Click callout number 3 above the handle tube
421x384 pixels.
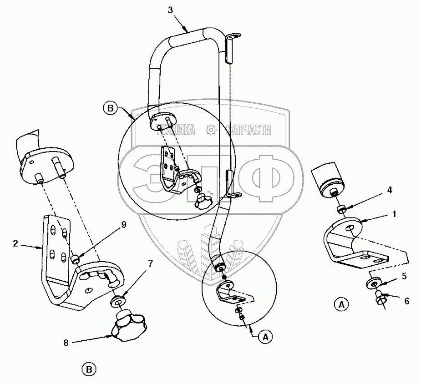[x=171, y=10]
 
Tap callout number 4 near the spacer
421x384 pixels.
[x=389, y=190]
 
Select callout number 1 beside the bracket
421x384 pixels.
[x=394, y=214]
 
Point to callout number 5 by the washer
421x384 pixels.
[x=404, y=276]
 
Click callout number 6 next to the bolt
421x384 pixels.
[x=407, y=301]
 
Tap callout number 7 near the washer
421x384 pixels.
[x=150, y=264]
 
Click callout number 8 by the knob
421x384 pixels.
[x=66, y=343]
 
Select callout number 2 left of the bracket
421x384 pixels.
[x=15, y=243]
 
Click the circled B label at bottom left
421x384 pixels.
[x=89, y=369]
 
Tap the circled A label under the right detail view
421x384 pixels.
[x=341, y=304]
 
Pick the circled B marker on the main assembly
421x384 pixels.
[x=110, y=109]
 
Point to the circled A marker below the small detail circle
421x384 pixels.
[x=265, y=337]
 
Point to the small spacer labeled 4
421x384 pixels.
[x=341, y=209]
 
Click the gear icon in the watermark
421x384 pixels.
[x=211, y=130]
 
